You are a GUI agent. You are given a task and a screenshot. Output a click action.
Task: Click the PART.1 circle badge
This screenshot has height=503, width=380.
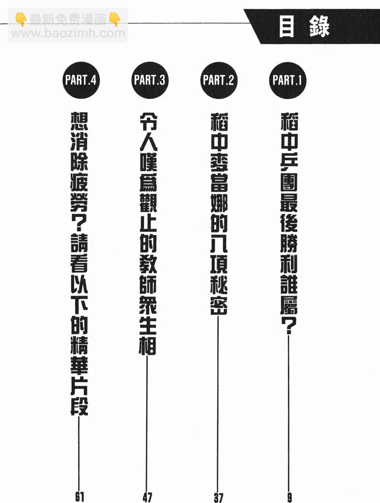pyautogui.click(x=287, y=80)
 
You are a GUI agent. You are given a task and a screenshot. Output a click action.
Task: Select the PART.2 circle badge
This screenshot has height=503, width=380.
pyautogui.click(x=218, y=80)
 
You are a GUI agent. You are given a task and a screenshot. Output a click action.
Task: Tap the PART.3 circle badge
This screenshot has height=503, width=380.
pyautogui.click(x=149, y=80)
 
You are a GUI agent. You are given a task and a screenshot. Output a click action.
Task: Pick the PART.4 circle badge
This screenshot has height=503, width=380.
pyautogui.click(x=80, y=80)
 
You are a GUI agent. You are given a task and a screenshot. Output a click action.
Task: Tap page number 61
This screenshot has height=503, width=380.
pyautogui.click(x=79, y=496)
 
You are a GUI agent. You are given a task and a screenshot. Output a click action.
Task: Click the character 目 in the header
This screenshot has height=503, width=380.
pyautogui.click(x=287, y=27)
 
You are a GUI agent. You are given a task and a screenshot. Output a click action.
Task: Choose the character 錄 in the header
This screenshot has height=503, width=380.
pyautogui.click(x=319, y=27)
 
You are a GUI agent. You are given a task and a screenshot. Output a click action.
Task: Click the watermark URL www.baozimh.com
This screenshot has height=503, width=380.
pyautogui.click(x=68, y=33)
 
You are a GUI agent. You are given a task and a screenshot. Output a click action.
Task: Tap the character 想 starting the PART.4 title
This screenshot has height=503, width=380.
pyautogui.click(x=79, y=121)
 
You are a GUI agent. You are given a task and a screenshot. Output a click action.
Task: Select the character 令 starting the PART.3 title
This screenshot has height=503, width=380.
pyautogui.click(x=148, y=121)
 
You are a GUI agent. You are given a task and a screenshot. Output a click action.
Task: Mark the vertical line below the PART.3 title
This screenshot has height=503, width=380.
pyautogui.click(x=147, y=422)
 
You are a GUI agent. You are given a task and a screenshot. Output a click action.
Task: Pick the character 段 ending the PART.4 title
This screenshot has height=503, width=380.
pyautogui.click(x=79, y=405)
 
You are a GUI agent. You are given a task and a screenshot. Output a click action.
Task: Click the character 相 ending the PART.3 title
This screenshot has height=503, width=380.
pyautogui.click(x=148, y=345)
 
